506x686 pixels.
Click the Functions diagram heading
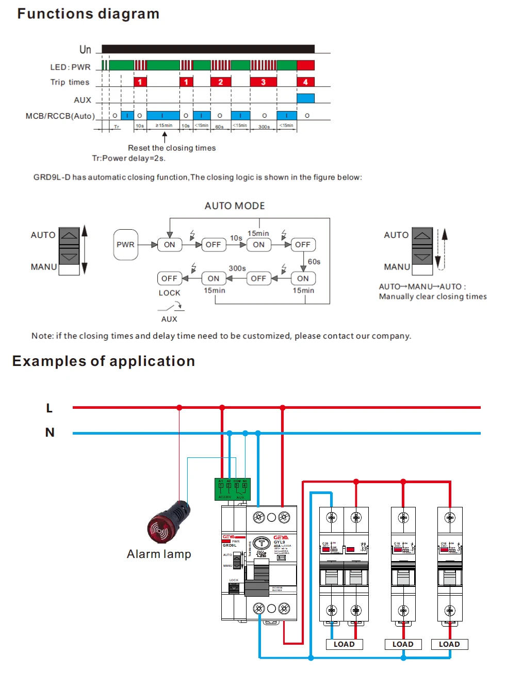(88, 14)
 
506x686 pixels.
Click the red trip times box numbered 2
(220, 82)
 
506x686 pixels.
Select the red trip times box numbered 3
(263, 82)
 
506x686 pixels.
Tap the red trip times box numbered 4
(305, 82)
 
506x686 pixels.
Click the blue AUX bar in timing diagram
(305, 98)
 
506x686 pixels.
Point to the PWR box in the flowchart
(125, 245)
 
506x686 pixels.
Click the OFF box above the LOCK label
(169, 278)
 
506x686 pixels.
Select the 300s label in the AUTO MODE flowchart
(237, 268)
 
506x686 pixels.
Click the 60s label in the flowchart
(314, 262)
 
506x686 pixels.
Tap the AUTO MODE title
(235, 206)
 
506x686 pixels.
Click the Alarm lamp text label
(159, 554)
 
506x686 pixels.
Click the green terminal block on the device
(232, 489)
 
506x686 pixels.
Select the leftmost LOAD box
(344, 644)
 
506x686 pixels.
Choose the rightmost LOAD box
(449, 644)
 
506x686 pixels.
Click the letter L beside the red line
(50, 408)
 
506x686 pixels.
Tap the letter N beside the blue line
(50, 433)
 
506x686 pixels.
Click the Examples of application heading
(104, 361)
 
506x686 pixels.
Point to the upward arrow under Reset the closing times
(165, 137)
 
